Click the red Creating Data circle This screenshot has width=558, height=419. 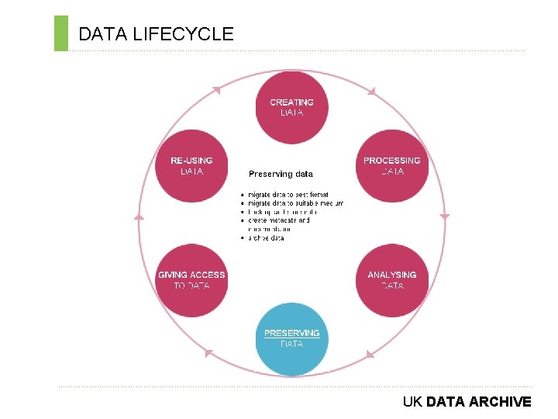291,107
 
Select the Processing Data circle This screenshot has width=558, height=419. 392,165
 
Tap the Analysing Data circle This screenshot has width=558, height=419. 392,280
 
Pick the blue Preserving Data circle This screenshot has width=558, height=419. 291,338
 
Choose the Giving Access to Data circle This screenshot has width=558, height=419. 191,280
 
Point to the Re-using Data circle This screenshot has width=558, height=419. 191,165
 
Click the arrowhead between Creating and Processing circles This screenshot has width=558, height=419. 371,92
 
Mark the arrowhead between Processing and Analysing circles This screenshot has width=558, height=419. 444,216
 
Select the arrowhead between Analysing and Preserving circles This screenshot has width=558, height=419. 370,354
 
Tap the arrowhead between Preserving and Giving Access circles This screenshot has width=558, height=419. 208,353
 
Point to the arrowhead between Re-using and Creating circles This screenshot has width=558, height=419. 216,90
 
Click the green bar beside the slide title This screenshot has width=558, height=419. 61,33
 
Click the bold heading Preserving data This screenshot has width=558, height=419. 281,174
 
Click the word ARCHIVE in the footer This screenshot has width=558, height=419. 500,402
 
